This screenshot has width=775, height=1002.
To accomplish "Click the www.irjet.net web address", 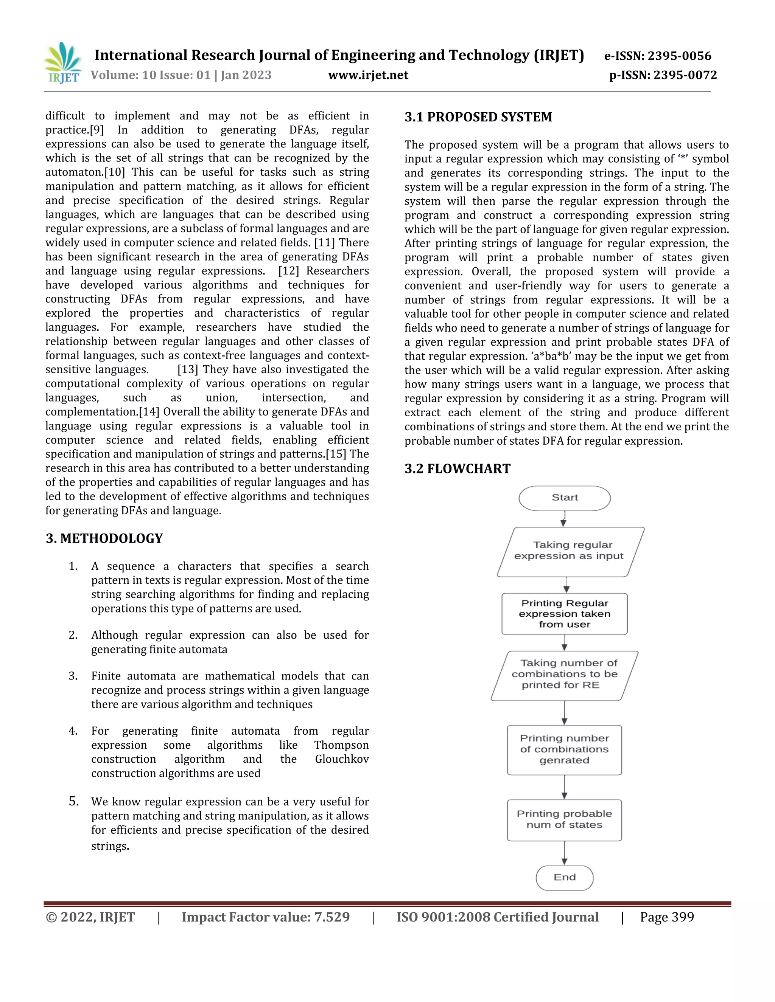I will pyautogui.click(x=368, y=75).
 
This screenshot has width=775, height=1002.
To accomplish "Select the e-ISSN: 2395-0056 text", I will pyautogui.click(x=657, y=56).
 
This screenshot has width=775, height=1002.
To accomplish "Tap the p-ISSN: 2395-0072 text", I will pyautogui.click(x=663, y=75).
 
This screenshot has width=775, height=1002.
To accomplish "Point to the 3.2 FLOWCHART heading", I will pyautogui.click(x=457, y=468).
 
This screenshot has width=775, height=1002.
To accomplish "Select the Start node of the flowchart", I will pyautogui.click(x=564, y=498).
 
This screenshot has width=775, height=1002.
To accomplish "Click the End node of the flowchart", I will pyautogui.click(x=564, y=877).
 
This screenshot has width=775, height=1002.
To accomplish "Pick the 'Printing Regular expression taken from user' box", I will pyautogui.click(x=564, y=614).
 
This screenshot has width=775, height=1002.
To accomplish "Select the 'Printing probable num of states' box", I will pyautogui.click(x=564, y=819).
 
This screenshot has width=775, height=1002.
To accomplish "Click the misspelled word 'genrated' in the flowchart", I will pyautogui.click(x=564, y=760).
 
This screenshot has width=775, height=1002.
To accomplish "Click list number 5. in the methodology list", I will pyautogui.click(x=74, y=802).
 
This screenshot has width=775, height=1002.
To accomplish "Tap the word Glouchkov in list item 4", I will pyautogui.click(x=342, y=759).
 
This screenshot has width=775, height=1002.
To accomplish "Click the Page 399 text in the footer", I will pyautogui.click(x=667, y=918).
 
